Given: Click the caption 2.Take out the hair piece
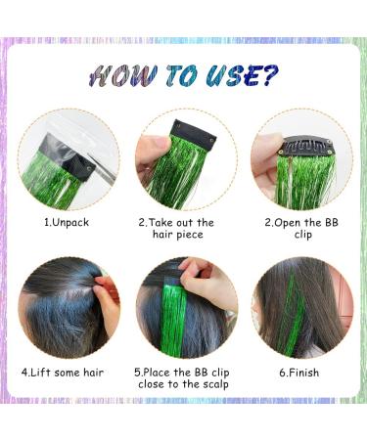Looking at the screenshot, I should click(x=183, y=229).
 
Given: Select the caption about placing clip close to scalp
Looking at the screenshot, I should click(x=183, y=377).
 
